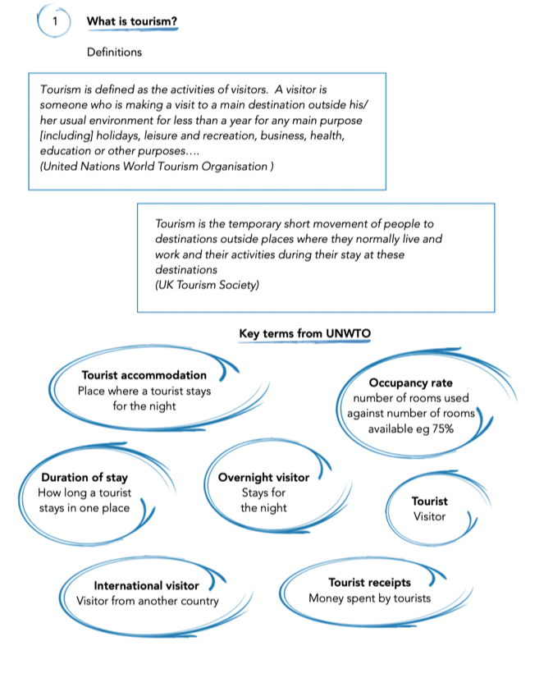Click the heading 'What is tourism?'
(x=130, y=21)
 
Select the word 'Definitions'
(x=114, y=52)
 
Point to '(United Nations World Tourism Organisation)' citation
(x=157, y=166)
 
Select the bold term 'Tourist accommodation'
(x=144, y=375)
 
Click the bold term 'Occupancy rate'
(x=410, y=383)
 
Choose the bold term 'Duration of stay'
(x=85, y=477)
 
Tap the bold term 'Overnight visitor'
(x=263, y=477)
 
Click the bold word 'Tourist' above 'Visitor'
(x=429, y=501)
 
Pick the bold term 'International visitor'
(x=146, y=585)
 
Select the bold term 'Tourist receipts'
(x=369, y=582)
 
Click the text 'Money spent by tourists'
(x=369, y=598)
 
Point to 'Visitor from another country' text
(x=148, y=601)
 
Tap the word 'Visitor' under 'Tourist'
(x=429, y=516)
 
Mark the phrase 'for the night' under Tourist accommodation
(x=144, y=406)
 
